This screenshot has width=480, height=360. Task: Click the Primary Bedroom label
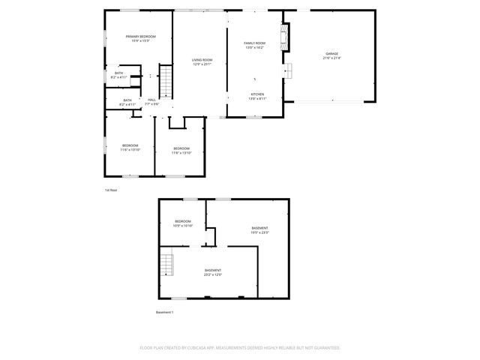click(140, 37)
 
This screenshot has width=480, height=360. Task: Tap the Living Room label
click(202, 60)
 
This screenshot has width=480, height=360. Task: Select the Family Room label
click(255, 43)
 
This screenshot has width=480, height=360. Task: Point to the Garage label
click(331, 54)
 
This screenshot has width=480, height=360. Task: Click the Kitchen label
click(257, 94)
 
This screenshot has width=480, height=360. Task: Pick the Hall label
click(151, 100)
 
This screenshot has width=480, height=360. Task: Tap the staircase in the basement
click(166, 265)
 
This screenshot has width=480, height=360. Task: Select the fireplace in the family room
click(283, 36)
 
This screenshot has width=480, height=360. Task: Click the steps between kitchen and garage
click(286, 70)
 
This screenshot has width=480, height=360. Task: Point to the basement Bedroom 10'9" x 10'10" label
click(183, 221)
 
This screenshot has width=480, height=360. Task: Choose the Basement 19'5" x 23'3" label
click(259, 228)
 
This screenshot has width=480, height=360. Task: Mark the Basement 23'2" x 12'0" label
click(213, 270)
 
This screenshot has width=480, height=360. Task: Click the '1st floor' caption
click(111, 190)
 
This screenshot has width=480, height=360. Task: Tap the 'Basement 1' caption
click(164, 312)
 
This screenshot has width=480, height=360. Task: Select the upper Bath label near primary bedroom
click(118, 73)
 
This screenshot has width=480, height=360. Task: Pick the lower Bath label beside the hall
click(127, 100)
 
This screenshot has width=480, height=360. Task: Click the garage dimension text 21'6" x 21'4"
click(331, 58)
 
